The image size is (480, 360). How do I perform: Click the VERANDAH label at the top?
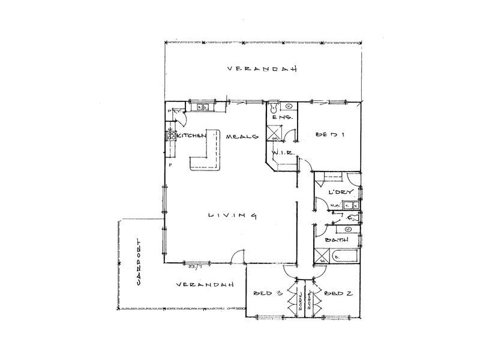click(x=263, y=69)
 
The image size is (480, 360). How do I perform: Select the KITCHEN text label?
click(x=191, y=137)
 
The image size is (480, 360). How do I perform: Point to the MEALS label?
click(x=242, y=137)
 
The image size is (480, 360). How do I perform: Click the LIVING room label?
click(x=233, y=215)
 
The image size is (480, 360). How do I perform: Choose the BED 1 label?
click(x=329, y=136)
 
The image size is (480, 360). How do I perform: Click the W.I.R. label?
click(x=281, y=154)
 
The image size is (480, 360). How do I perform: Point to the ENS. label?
click(x=282, y=118)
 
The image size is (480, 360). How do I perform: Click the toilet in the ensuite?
click(x=274, y=108)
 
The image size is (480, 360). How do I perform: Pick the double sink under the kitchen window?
click(x=202, y=108)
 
